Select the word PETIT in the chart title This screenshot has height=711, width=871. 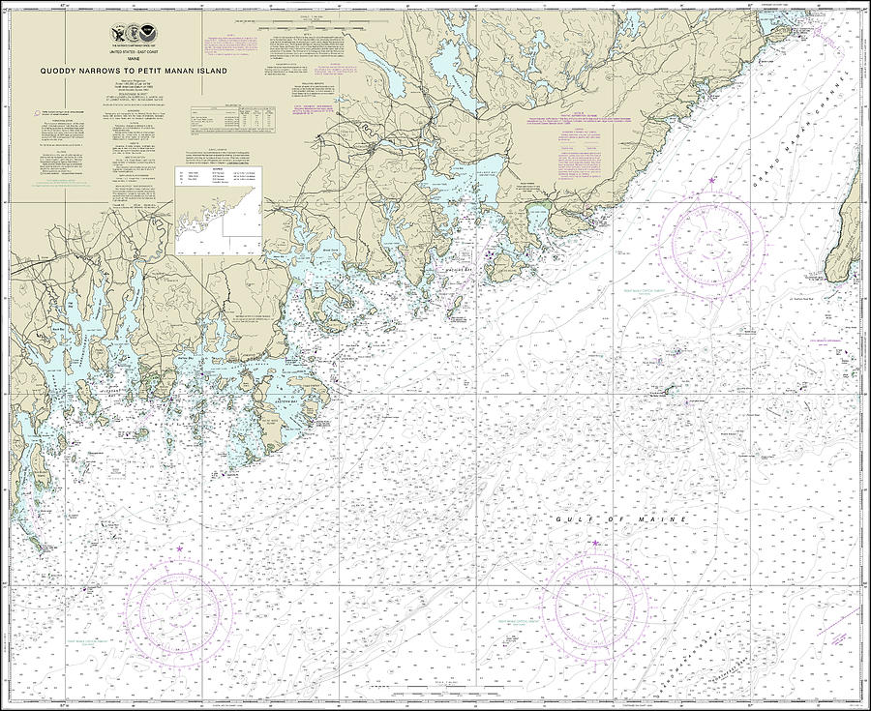162,70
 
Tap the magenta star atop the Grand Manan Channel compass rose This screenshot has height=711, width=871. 713,181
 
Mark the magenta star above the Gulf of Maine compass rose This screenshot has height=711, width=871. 594,544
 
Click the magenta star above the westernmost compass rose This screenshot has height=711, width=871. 180,549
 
